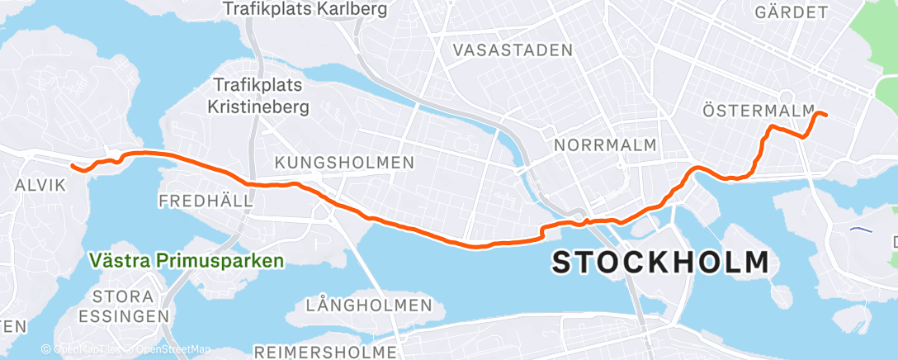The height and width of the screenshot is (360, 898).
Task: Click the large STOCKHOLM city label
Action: pos(660,263)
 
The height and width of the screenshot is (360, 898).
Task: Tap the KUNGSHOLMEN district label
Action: pos(344,163)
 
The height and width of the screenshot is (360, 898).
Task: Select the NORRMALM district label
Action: pos(606,145)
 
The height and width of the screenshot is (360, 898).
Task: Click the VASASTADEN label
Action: pos(512,50)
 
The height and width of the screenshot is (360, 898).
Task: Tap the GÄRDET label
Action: pos(792,12)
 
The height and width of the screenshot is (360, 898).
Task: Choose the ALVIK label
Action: pos(40,186)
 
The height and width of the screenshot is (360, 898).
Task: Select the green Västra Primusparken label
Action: pos(187,261)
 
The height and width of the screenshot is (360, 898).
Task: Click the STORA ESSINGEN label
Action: pos(123,306)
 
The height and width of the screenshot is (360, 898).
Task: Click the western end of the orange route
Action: pos(72,166)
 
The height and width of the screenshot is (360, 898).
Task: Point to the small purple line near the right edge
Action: pos(861,230)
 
